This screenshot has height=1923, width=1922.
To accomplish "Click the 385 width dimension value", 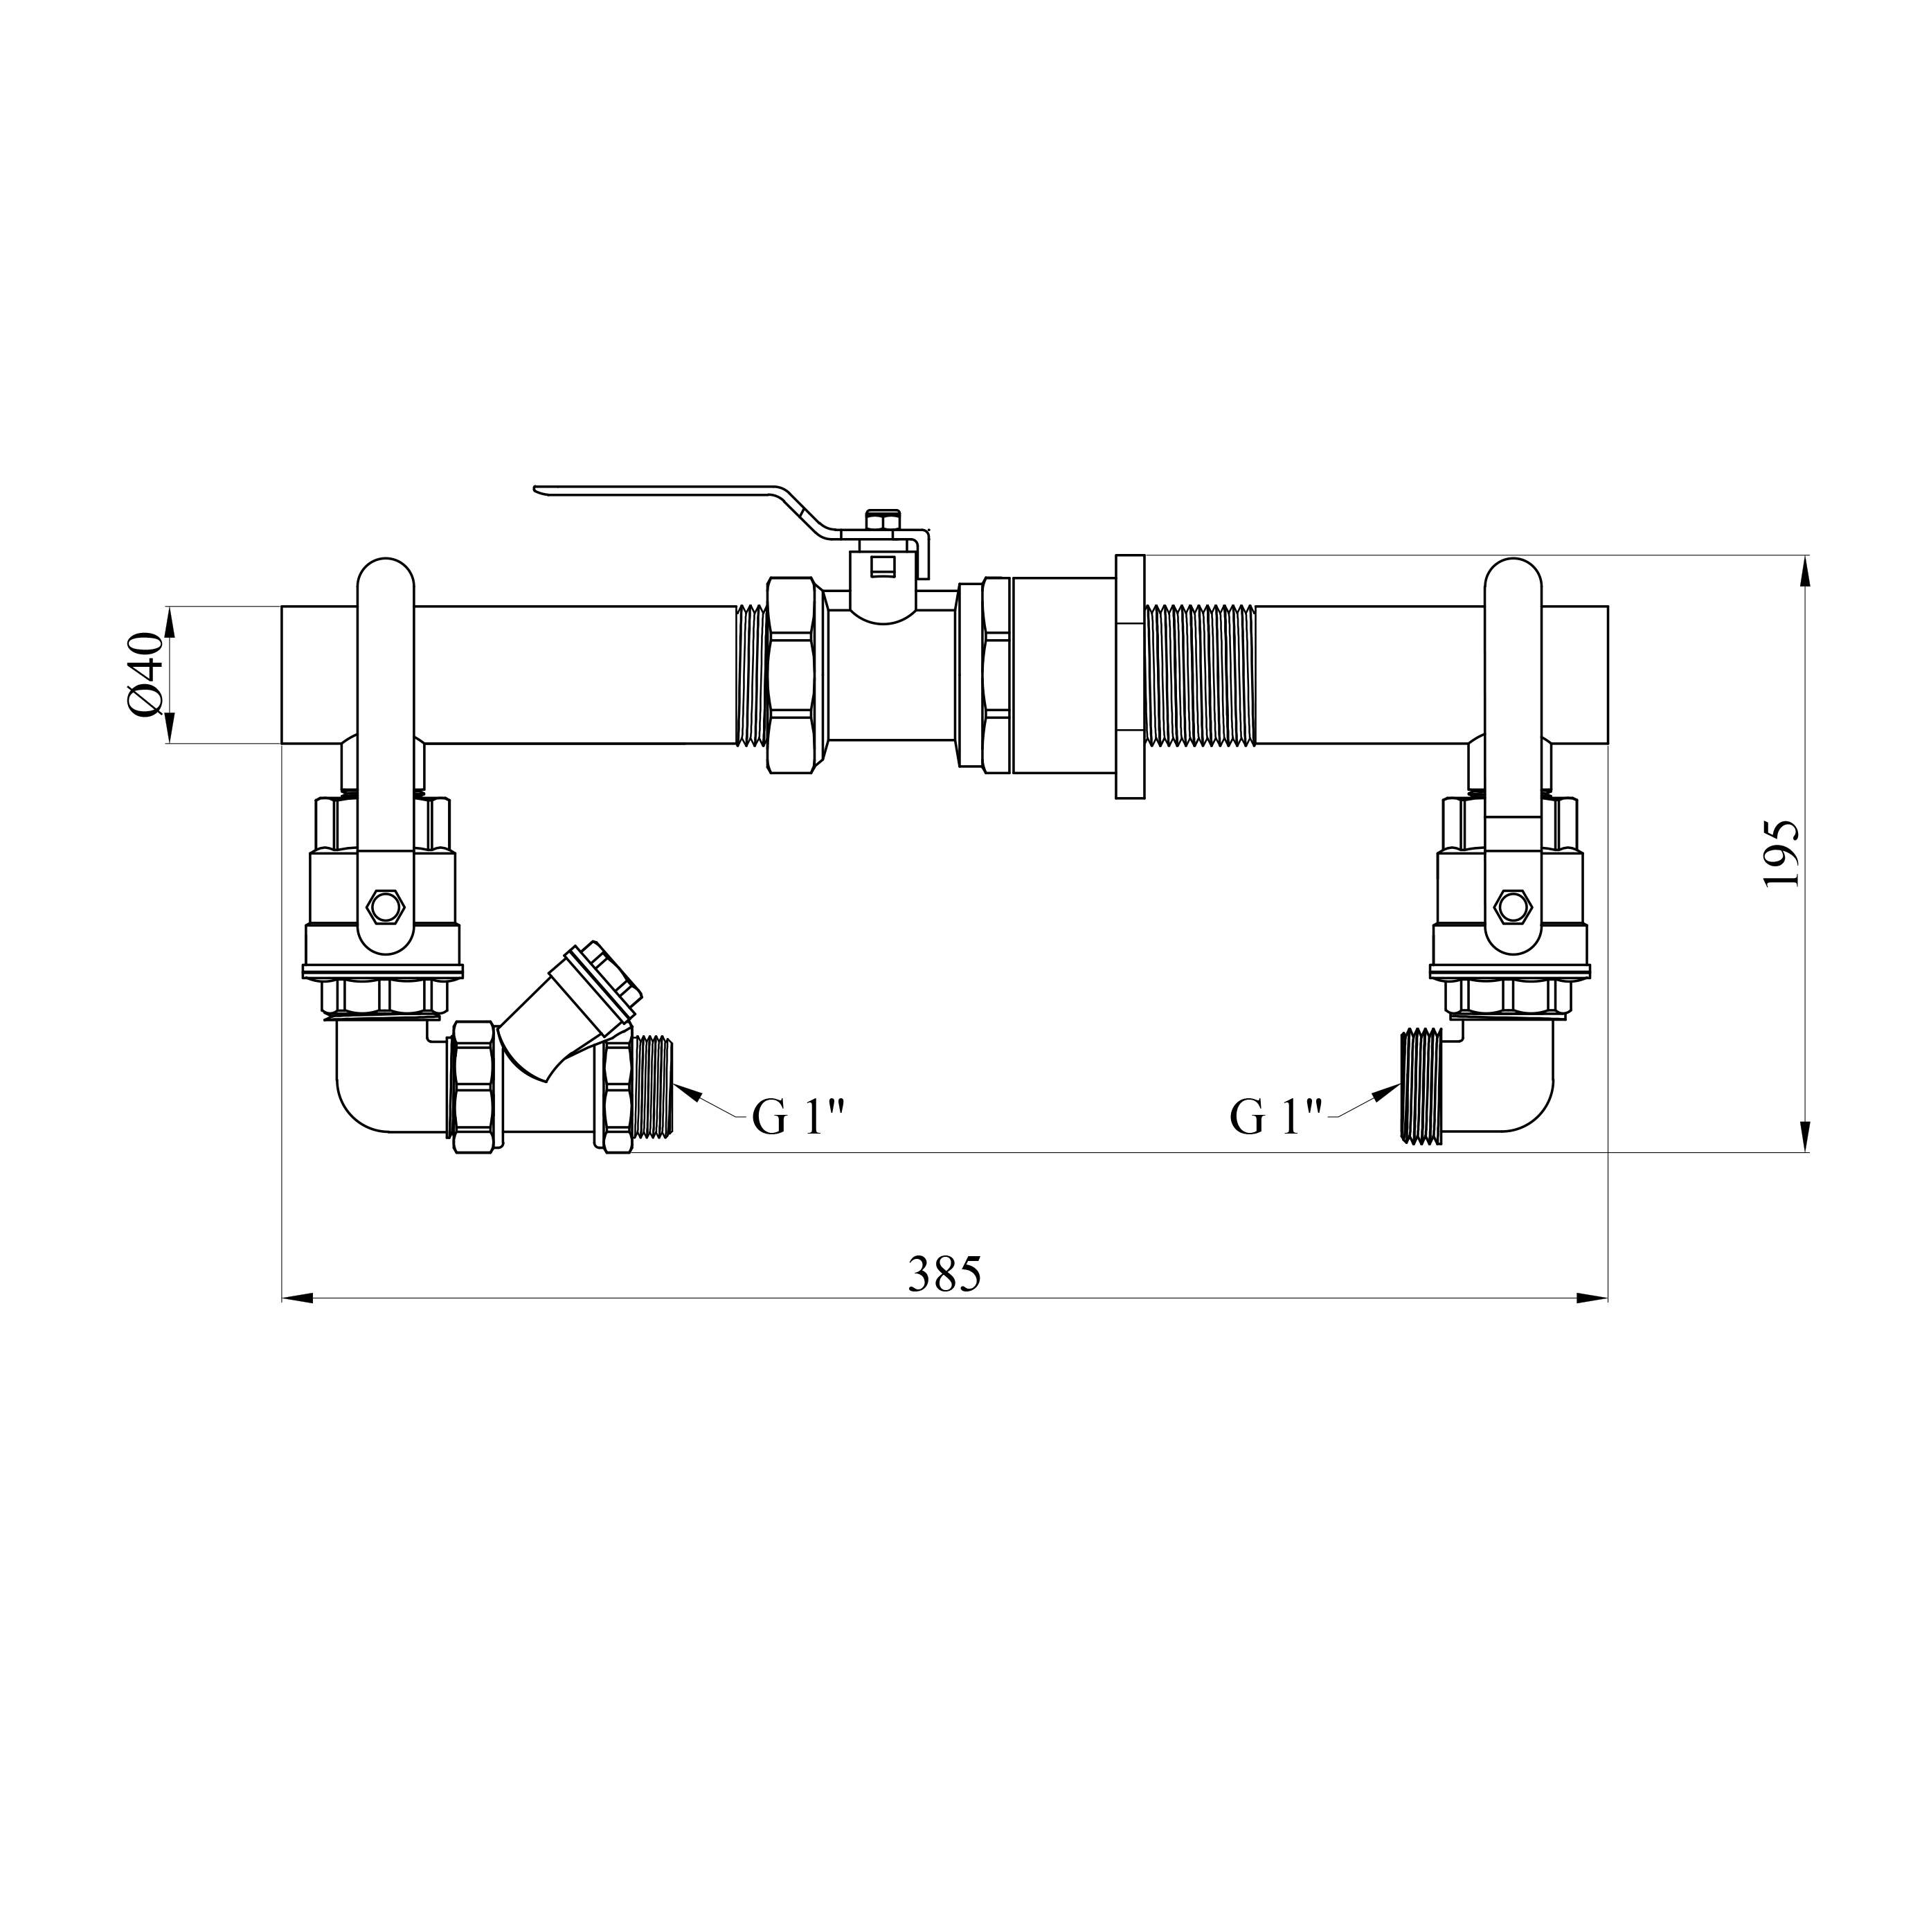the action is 944,1274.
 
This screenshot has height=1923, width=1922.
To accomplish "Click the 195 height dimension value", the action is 1781,854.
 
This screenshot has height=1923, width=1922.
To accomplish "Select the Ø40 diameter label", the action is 145,674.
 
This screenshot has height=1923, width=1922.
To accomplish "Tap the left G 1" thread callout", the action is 798,1117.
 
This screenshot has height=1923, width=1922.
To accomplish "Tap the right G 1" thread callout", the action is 1277,1117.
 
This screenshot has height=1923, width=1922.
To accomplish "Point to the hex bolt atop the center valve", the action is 883,519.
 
